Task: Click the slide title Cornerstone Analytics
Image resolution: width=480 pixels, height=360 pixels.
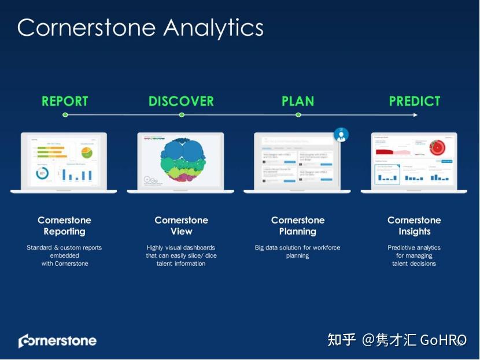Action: (x=140, y=28)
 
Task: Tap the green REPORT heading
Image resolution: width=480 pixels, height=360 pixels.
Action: (x=65, y=101)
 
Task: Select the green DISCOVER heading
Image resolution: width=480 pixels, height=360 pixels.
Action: (x=181, y=101)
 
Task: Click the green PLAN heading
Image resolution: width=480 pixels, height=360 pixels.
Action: (x=298, y=101)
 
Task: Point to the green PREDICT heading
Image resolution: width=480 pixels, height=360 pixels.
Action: (x=415, y=101)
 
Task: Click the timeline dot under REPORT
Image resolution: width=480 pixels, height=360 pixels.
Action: (x=65, y=115)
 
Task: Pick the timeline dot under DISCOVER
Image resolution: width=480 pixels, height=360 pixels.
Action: (x=182, y=115)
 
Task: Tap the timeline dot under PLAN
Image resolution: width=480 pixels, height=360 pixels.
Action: (x=298, y=115)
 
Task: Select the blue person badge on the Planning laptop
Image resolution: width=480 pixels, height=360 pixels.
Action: (x=341, y=135)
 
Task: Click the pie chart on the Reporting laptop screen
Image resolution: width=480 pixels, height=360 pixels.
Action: (x=86, y=152)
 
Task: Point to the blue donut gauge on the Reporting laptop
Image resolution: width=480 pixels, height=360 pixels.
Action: (x=42, y=173)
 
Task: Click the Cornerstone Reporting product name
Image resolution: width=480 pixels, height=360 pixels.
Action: (x=65, y=226)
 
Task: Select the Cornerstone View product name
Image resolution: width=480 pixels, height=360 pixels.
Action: (x=181, y=226)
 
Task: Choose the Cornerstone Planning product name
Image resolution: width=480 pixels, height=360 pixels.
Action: (x=298, y=226)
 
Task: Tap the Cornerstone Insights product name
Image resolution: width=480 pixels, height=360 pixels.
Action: (x=414, y=226)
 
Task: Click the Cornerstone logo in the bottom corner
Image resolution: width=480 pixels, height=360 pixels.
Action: (x=57, y=340)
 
